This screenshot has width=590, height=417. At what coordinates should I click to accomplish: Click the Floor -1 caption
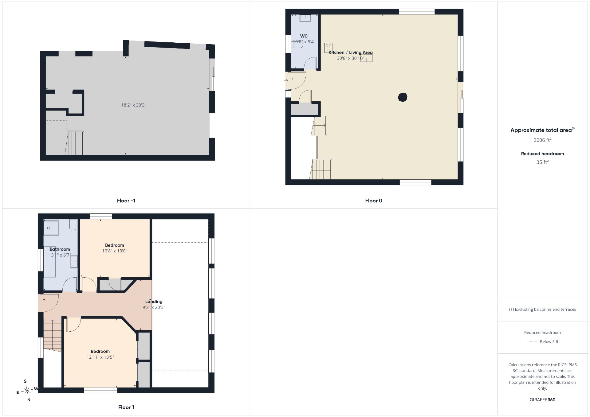tap(126, 201)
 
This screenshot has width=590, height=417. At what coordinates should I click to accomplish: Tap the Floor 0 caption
tap(374, 201)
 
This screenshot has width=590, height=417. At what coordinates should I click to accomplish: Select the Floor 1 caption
tap(126, 407)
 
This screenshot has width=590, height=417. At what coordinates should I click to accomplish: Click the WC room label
tap(304, 36)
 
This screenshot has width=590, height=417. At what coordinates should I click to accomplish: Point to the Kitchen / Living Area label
tap(351, 53)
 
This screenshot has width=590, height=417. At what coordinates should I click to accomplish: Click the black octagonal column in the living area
tap(403, 97)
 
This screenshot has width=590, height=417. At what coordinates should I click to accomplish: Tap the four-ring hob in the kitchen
tap(328, 48)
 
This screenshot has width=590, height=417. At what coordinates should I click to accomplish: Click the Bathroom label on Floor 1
tap(60, 249)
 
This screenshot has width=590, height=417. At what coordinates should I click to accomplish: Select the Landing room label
tap(154, 302)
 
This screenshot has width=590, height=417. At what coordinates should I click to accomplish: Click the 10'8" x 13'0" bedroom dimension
tap(115, 251)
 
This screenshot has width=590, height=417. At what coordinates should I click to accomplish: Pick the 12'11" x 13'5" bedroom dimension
tap(100, 357)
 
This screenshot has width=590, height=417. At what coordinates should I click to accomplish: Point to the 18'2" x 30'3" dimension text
tap(134, 105)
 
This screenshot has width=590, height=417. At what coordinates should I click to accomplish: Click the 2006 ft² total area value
tap(542, 140)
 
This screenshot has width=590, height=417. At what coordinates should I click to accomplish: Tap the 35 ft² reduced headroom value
tap(542, 162)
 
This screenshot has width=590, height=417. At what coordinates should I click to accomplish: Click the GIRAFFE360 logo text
tap(542, 400)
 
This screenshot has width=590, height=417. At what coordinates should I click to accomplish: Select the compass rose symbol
tap(27, 391)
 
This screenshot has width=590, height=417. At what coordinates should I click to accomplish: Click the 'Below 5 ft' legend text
tap(549, 342)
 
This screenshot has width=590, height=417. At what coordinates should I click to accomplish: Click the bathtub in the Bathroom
tap(50, 262)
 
